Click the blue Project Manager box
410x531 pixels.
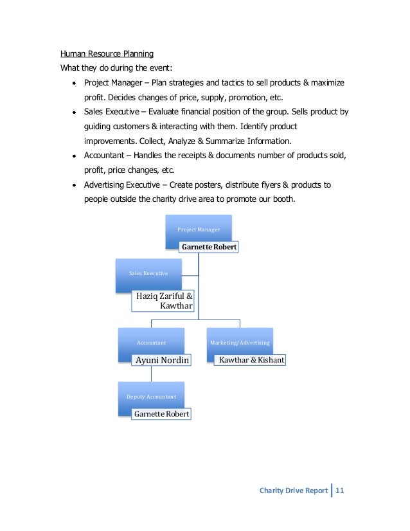tap(199, 230)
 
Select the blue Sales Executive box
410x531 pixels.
tap(148, 273)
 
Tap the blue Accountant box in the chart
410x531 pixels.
tap(151, 343)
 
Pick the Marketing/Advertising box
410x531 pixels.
tap(240, 343)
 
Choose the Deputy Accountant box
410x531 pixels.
tap(151, 397)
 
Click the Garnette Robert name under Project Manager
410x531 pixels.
tap(209, 247)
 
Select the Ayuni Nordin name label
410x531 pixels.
tap(162, 360)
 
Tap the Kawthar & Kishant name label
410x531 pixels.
tap(251, 360)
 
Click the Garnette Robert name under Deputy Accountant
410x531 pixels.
tap(161, 414)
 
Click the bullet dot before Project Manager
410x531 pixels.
tap(75, 84)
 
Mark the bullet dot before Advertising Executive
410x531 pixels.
tap(75, 185)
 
